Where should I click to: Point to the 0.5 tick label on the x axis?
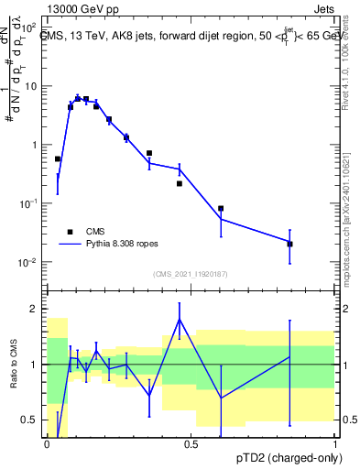coord(191,444)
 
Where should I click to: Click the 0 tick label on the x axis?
coord(47,444)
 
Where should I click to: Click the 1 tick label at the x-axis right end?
coord(334,444)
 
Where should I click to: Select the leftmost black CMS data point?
coord(58,159)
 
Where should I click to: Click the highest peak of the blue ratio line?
coord(180,319)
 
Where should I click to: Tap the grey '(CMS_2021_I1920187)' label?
coord(191,273)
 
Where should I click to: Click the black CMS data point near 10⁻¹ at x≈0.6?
coord(221,209)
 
